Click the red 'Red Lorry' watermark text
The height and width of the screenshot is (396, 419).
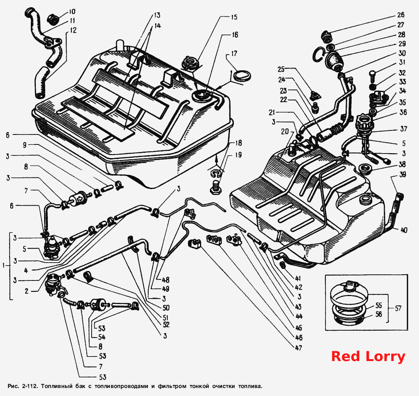coord(368,356)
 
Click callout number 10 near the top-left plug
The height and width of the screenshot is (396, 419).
coord(72,11)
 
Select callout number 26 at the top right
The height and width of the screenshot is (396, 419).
coord(401,15)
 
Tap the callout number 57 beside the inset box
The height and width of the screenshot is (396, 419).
coord(398,309)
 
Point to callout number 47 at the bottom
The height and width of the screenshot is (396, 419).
coord(298,348)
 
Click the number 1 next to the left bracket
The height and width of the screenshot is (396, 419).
coord(4,265)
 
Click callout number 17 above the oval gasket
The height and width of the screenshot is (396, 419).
coord(234,54)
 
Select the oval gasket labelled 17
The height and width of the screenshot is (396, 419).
coord(242,76)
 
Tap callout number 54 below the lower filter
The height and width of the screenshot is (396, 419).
coord(102,337)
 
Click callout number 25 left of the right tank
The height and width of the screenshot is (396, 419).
coord(281,70)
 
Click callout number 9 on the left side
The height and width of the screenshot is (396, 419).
coord(25,145)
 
